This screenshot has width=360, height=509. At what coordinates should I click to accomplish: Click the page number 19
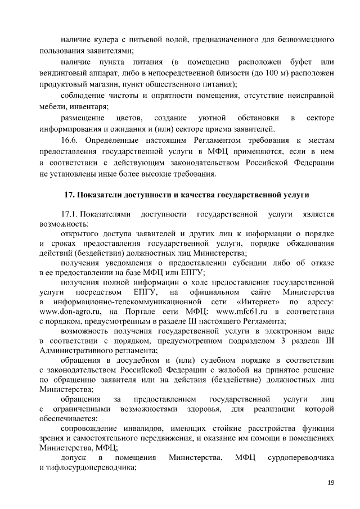pos(331,483)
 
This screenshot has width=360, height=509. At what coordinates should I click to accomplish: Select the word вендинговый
pos(65,73)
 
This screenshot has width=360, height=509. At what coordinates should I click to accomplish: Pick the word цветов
pos(128,118)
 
